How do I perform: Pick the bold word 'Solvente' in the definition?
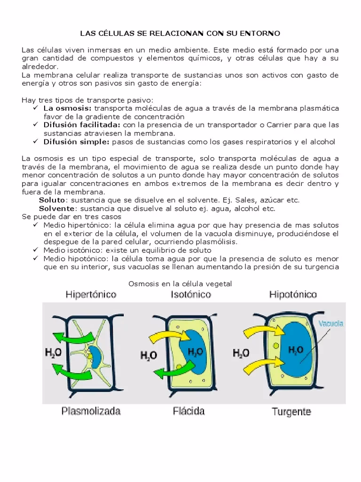pyautogui.click(x=56, y=208)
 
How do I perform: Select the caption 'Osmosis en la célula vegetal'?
pyautogui.click(x=180, y=283)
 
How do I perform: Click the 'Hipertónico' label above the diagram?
pyautogui.click(x=90, y=295)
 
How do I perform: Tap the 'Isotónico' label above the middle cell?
pyautogui.click(x=190, y=295)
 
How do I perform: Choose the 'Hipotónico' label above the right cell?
pyautogui.click(x=292, y=295)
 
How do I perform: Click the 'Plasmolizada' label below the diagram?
pyautogui.click(x=91, y=411)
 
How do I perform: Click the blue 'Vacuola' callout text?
pyautogui.click(x=331, y=324)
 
